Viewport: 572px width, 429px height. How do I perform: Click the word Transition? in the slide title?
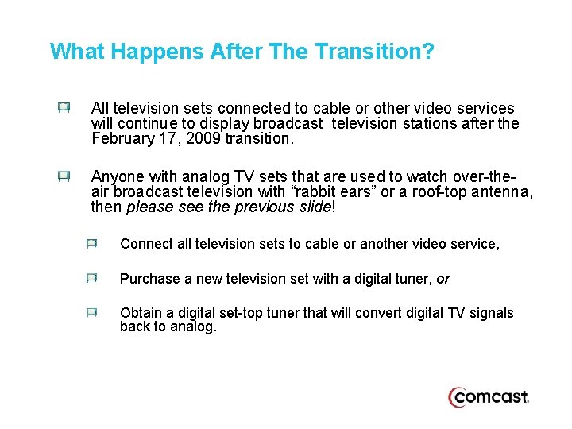coord(374,52)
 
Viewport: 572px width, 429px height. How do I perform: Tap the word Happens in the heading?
coord(158,52)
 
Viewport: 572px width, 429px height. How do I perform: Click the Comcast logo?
coord(488,397)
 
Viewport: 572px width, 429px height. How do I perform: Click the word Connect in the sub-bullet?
coord(146,245)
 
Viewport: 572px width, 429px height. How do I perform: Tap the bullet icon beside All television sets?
coord(64,107)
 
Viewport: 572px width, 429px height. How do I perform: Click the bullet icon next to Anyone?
coord(64,176)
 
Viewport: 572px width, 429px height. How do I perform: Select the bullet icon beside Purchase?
coord(92,278)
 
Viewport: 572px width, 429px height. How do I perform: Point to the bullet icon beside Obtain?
coord(92,313)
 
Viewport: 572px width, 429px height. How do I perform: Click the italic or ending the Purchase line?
coord(443,279)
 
